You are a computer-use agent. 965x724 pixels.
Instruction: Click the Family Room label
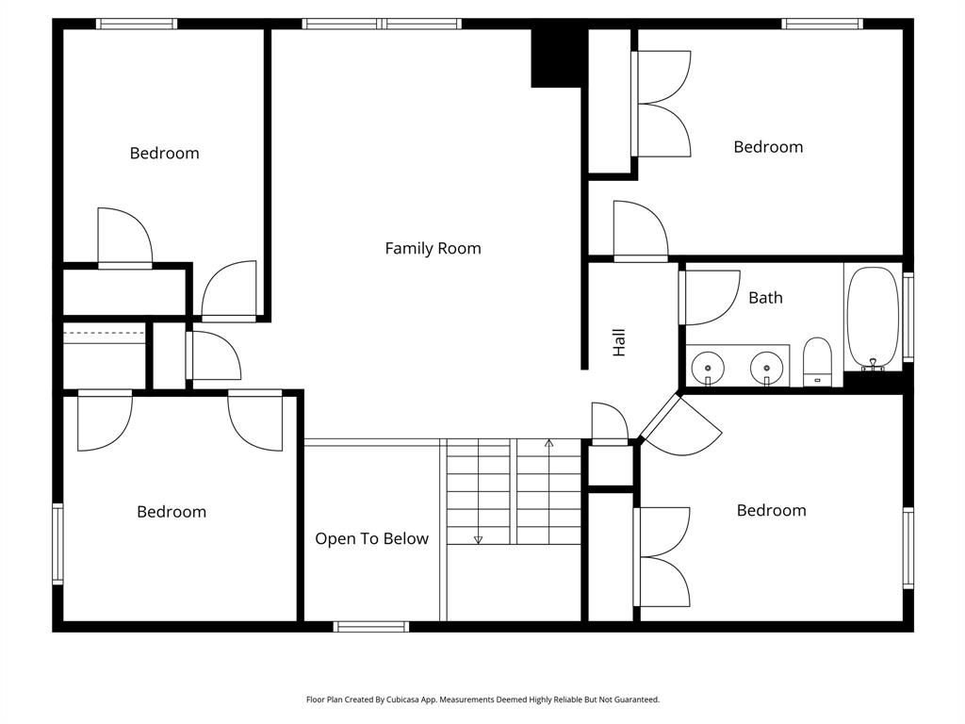click(433, 249)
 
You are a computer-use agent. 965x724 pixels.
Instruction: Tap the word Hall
click(619, 342)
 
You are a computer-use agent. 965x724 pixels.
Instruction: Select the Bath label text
click(765, 298)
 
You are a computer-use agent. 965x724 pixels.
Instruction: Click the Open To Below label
click(371, 539)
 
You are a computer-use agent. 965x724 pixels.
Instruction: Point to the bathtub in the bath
click(873, 319)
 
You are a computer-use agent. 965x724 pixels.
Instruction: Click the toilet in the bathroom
click(817, 362)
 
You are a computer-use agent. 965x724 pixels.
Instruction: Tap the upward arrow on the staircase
click(549, 443)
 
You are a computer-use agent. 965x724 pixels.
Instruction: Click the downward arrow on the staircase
click(478, 539)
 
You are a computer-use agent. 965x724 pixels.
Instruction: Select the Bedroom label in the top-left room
click(164, 154)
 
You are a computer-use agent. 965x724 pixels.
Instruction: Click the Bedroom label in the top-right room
click(768, 147)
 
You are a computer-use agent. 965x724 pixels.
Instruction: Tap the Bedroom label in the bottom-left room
click(171, 512)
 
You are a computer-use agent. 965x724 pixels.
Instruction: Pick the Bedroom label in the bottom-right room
click(771, 511)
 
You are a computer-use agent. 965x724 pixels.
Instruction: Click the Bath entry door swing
click(707, 297)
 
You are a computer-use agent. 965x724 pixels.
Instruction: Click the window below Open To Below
click(371, 626)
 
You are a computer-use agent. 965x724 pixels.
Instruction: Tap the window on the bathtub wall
click(908, 318)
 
